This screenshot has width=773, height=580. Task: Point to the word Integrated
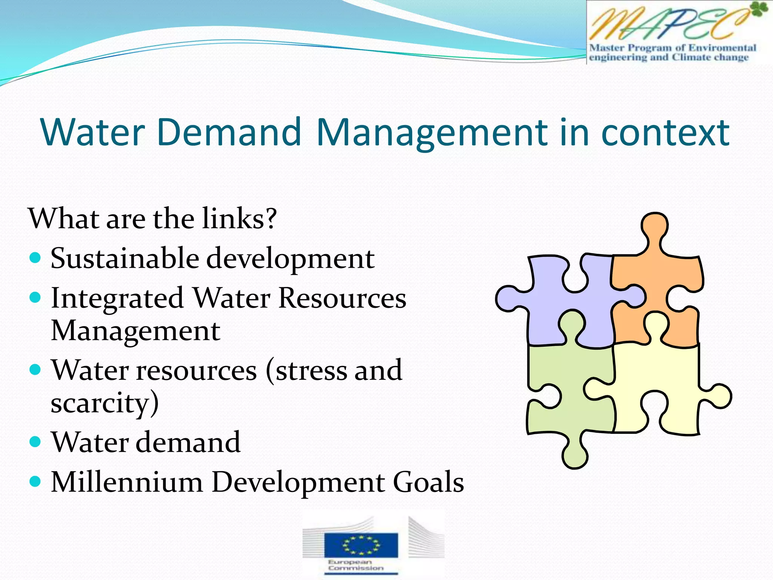[117, 298]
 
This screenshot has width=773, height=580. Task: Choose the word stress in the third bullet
[308, 371]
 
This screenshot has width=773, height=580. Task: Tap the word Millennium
[127, 482]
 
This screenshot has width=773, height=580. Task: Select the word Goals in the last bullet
[428, 482]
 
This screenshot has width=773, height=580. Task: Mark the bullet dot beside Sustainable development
[35, 258]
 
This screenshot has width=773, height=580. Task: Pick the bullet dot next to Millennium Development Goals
[35, 481]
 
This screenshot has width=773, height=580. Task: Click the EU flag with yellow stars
[361, 545]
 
